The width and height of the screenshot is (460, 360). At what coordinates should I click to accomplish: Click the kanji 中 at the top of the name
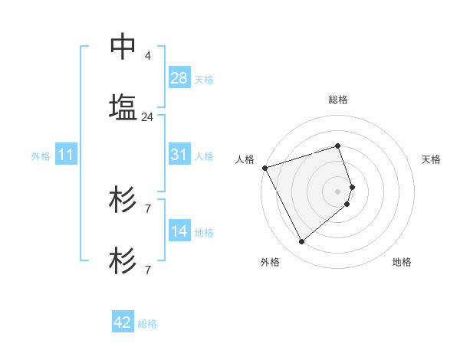[123, 47]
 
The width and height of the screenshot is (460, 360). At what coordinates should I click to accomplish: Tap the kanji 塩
[123, 106]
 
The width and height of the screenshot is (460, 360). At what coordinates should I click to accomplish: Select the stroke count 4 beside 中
[147, 56]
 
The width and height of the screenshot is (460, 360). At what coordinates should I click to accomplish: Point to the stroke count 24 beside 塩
[147, 117]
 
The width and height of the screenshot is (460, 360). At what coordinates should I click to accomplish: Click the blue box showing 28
[179, 78]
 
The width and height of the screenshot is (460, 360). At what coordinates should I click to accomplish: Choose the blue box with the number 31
[179, 155]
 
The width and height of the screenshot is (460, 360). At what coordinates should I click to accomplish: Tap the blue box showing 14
[179, 231]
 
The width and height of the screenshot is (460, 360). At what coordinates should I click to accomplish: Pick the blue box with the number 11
[66, 155]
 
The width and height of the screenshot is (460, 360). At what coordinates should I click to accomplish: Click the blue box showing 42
[123, 323]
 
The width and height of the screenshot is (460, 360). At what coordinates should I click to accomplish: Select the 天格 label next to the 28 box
[204, 79]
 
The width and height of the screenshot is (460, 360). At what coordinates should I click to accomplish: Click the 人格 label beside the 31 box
[204, 155]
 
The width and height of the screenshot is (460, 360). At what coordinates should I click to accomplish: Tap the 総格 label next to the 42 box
[147, 324]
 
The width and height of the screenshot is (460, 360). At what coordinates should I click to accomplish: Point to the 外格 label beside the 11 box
[41, 156]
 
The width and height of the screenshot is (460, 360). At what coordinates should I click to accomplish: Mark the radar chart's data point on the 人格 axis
[264, 168]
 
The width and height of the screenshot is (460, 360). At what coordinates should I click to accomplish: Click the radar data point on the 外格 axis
[301, 242]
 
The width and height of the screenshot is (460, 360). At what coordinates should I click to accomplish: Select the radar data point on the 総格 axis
[337, 146]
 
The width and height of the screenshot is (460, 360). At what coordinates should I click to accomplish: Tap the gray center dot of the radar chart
[337, 191]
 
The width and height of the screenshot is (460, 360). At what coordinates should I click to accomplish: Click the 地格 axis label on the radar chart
[402, 262]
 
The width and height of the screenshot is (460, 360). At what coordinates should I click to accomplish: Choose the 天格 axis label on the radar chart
[432, 159]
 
